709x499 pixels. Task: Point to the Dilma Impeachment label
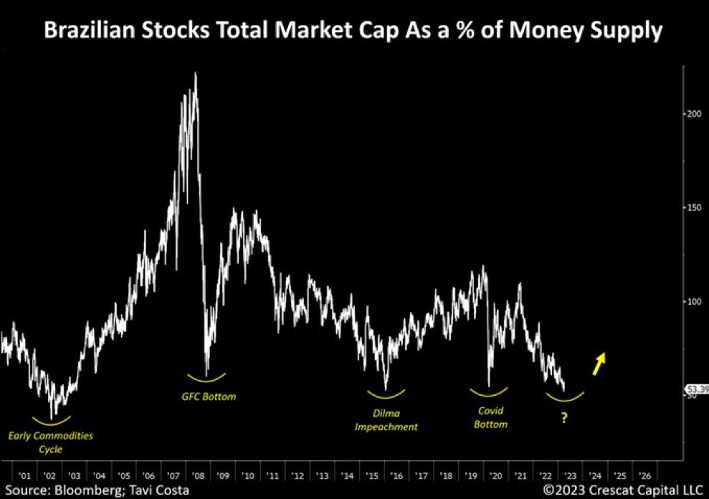click(386, 419)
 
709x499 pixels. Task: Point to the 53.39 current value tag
click(698, 390)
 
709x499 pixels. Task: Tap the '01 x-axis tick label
click(25, 476)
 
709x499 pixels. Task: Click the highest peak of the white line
click(196, 73)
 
